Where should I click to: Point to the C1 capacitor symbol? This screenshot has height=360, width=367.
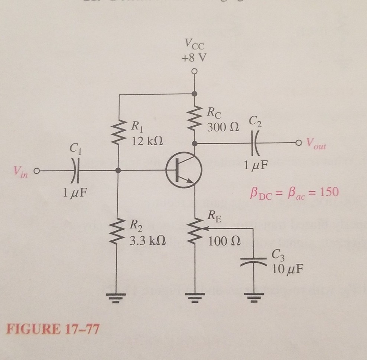pyautogui.click(x=76, y=171)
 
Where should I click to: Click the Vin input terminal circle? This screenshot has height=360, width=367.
pyautogui.click(x=36, y=171)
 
